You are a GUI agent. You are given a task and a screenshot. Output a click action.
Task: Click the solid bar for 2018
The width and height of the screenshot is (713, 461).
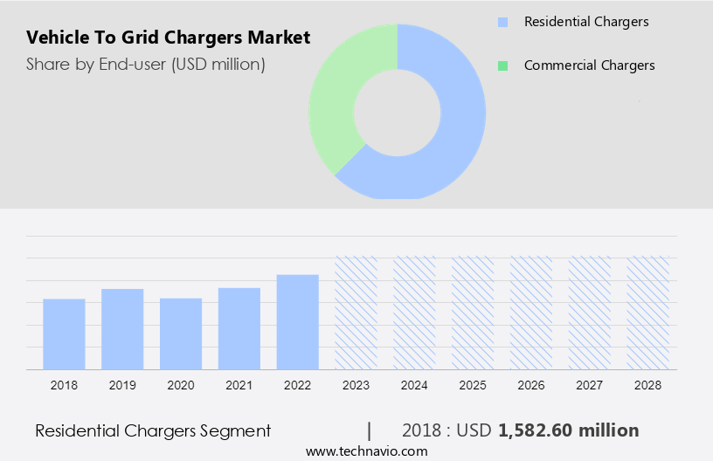click(64, 334)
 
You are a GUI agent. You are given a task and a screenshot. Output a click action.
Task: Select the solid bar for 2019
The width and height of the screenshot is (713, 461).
click(122, 329)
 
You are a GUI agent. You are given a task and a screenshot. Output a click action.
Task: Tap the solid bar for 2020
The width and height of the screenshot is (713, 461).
click(181, 334)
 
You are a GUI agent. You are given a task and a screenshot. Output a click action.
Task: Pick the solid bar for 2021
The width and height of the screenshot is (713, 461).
click(239, 328)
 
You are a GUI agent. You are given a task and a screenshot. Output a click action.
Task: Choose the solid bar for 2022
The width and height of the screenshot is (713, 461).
click(298, 322)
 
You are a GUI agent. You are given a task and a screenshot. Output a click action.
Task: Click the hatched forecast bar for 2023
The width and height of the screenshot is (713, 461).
click(356, 313)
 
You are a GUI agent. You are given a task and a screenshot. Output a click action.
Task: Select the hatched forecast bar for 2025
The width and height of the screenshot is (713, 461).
click(473, 313)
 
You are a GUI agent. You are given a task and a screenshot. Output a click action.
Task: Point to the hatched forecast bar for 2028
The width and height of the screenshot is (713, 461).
click(648, 313)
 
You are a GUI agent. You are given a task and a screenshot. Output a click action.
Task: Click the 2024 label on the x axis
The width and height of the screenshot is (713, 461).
click(414, 384)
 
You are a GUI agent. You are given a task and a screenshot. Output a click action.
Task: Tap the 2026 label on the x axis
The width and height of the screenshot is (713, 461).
click(531, 384)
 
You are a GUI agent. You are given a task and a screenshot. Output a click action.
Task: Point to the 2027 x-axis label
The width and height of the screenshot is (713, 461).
click(590, 384)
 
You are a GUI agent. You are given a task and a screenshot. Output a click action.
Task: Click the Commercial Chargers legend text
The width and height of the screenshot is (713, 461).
click(589, 65)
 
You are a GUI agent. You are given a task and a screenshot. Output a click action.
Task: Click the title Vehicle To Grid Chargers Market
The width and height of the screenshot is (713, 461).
click(168, 38)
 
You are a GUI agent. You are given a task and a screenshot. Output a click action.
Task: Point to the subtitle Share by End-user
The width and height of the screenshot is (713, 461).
click(146, 64)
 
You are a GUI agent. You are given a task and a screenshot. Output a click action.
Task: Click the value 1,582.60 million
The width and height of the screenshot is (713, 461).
click(568, 430)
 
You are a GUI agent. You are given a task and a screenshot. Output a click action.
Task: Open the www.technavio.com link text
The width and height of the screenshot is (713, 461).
click(366, 451)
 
